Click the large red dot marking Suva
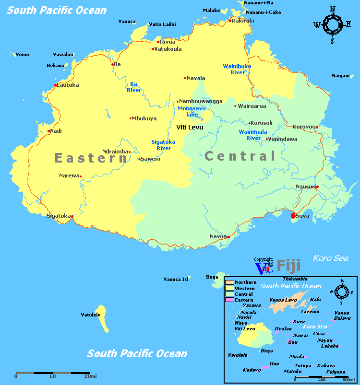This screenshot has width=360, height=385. tap(293, 216)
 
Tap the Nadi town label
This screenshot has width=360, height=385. tap(56, 131)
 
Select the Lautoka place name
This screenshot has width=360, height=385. tap(68, 85)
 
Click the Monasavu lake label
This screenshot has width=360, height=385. tap(192, 111)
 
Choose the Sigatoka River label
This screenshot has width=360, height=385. tap(163, 145)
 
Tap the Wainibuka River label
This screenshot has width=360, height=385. tap(237, 69)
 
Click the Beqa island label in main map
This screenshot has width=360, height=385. tap(212, 277)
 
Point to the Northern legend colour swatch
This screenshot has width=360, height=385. tap(229, 282)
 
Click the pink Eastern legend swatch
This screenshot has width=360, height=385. tap(229, 300)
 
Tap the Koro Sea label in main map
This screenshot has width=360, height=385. tap(331, 258)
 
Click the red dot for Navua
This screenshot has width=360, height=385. tap(228, 237)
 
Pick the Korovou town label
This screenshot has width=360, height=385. tap(303, 127)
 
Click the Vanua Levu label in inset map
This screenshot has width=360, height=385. tap(283, 300)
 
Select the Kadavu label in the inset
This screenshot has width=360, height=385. tap(252, 370)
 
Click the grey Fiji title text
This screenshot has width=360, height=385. tap(288, 265)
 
